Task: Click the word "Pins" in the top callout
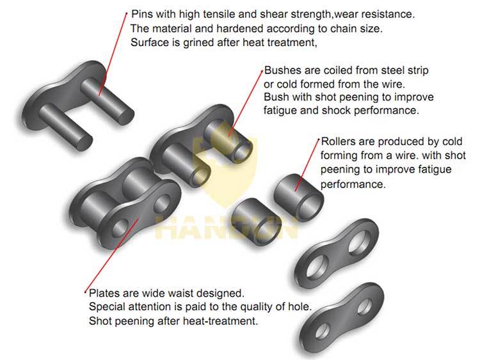tap(142, 13)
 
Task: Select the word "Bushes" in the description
tap(279, 70)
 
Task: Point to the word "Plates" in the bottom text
tap(102, 293)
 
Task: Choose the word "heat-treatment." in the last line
tap(225, 322)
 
